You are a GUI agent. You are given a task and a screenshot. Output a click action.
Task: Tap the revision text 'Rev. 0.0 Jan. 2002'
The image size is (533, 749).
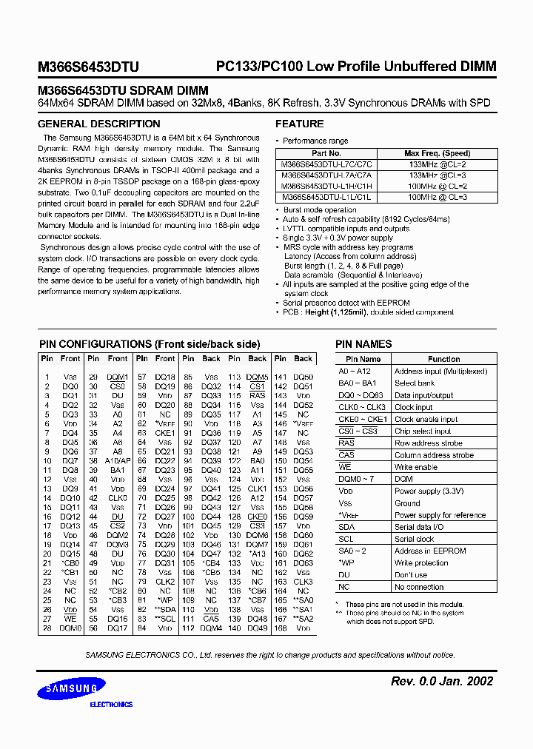tap(441, 681)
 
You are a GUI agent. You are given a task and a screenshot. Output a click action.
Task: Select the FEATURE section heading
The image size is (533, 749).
tap(299, 124)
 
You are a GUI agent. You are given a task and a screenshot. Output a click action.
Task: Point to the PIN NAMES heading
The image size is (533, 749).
tap(363, 344)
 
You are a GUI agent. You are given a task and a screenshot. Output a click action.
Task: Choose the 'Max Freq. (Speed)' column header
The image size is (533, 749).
tap(437, 154)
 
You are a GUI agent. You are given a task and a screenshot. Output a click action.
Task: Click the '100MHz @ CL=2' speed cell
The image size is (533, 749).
tap(437, 187)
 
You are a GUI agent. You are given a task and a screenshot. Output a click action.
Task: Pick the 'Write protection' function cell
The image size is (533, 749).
tap(423, 562)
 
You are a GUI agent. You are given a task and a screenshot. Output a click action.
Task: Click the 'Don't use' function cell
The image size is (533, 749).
tap(411, 574)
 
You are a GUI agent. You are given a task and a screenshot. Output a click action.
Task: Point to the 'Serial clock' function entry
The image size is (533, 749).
tap(415, 539)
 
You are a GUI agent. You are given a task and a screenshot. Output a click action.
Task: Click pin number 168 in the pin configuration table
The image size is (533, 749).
tap(280, 628)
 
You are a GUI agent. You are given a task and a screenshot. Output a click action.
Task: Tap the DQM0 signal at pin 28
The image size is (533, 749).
tap(70, 628)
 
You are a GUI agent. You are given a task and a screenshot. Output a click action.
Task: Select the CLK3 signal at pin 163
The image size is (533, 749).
tap(303, 582)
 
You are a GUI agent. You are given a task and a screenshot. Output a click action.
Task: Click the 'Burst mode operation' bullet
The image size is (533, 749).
tap(320, 209)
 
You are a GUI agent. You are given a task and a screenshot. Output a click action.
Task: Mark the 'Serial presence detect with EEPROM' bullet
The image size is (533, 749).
tap(346, 303)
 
